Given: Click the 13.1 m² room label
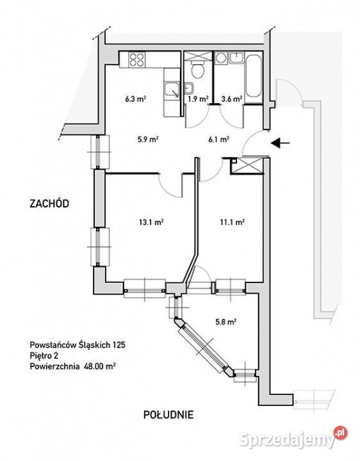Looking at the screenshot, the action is [151, 222].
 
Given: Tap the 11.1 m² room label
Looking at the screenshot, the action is [233, 222].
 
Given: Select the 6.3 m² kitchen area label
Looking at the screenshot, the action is [136, 99].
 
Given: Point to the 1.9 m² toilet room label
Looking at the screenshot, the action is [199, 99].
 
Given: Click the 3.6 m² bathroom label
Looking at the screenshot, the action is [232, 99].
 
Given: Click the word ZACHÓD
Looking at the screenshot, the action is [49, 204].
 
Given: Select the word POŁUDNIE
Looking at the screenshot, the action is [168, 414].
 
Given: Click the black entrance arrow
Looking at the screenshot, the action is [281, 143].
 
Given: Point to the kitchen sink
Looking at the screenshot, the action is [172, 89].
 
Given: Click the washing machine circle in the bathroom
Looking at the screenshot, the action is [220, 58].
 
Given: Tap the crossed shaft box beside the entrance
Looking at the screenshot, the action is [247, 166].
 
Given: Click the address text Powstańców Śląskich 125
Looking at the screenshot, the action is [78, 344].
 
